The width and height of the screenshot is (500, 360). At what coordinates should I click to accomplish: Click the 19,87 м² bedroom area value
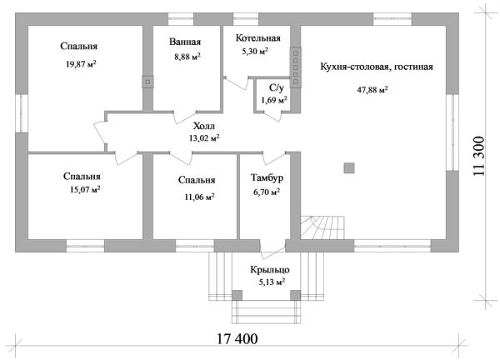coord(81,64)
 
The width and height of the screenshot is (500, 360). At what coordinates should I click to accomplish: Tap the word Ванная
coord(185,42)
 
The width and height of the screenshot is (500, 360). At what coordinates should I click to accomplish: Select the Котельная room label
coord(258,38)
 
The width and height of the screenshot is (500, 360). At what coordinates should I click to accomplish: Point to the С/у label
coord(277,87)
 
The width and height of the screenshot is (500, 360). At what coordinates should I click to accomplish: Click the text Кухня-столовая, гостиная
coord(377,67)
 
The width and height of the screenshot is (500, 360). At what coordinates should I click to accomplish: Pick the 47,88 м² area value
coord(372,90)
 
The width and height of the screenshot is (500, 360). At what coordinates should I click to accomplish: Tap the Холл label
coord(204,126)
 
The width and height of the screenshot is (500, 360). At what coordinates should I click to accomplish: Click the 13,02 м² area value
coord(204,138)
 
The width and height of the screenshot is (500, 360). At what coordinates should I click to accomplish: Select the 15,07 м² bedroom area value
coord(85,190)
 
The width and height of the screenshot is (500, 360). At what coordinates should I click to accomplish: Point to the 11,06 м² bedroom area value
coord(199,197)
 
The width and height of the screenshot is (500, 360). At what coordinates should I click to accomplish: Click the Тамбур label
coord(267,177)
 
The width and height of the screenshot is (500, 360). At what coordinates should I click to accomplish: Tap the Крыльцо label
coord(270,270)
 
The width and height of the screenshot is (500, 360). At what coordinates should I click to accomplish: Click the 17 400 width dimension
coord(237,338)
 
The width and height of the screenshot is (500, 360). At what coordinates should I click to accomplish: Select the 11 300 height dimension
coord(478,156)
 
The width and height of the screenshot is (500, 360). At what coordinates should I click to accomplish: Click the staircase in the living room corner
coord(322,227)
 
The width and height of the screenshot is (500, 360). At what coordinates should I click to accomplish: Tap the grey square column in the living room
coord(349,167)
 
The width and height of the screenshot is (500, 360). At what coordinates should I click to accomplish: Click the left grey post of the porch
coord(237,295)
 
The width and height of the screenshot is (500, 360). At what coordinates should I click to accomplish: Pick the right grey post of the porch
coord(295,295)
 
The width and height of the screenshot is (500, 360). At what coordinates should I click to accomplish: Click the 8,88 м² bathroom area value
coord(187,57)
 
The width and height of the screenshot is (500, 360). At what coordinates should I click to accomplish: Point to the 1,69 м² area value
coord(274,100)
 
